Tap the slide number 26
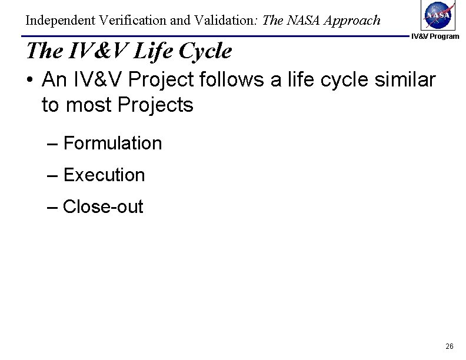pos(450,346)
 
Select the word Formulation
pos(112,143)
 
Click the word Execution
pos(104,175)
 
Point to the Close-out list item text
pos(103,206)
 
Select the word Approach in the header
pos(352,21)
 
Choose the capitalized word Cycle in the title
pos(204,52)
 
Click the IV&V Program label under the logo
pos(435,37)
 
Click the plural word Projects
pos(155,106)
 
